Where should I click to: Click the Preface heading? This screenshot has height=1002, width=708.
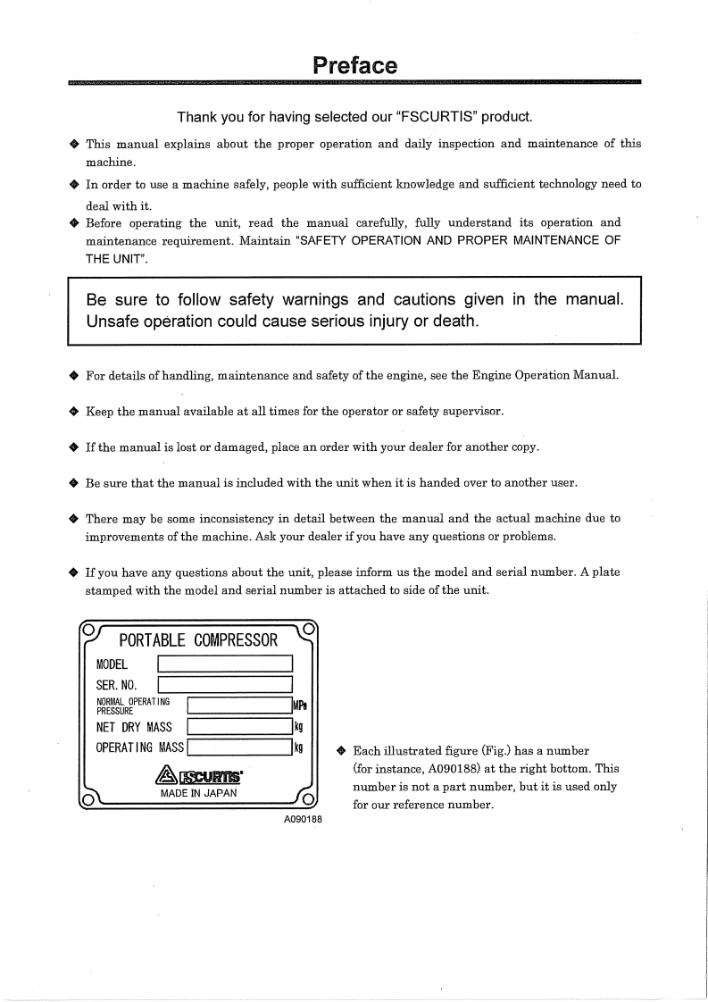coord(354,66)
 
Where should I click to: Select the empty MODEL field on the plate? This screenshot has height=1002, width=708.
coord(225,664)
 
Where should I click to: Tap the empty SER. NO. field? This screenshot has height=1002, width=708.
coord(225,685)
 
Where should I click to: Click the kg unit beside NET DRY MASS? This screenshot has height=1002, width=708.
coord(299,727)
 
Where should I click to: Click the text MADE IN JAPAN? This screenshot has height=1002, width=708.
coord(198,793)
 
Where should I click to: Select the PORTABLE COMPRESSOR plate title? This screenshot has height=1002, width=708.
coord(198,640)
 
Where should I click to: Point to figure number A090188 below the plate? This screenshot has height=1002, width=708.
coord(302,818)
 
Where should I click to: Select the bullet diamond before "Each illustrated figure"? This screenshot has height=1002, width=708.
coord(342,751)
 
